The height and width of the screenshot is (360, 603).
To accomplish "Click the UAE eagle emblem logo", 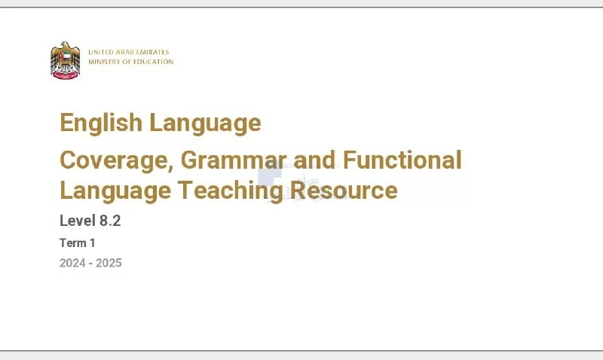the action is [66, 60].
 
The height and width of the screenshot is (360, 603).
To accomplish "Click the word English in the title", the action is [101, 123].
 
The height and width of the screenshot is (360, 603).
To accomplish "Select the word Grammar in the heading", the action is [234, 160].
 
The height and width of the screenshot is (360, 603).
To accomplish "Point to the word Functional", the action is [402, 160].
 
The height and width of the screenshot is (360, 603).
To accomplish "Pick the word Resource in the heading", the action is [344, 191].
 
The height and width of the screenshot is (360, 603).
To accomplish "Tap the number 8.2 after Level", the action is [110, 221].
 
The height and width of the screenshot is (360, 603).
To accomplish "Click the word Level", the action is [78, 221].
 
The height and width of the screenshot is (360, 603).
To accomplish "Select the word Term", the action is [72, 243].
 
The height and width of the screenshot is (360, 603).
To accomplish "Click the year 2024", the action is [72, 263].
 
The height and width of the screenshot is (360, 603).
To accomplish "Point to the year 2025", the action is [109, 263].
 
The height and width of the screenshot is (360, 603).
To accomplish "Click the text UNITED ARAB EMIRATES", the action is [128, 52].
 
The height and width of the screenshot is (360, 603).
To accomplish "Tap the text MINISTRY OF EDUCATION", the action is [130, 62].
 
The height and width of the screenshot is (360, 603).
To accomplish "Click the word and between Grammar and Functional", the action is [314, 160].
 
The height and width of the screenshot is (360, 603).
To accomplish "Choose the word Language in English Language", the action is [205, 124].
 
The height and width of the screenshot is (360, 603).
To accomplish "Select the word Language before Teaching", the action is [115, 191].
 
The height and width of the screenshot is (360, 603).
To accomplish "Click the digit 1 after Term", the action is [92, 243].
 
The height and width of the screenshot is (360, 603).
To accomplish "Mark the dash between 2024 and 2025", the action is [90, 264].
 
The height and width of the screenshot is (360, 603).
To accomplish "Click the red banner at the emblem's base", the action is [66, 75].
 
